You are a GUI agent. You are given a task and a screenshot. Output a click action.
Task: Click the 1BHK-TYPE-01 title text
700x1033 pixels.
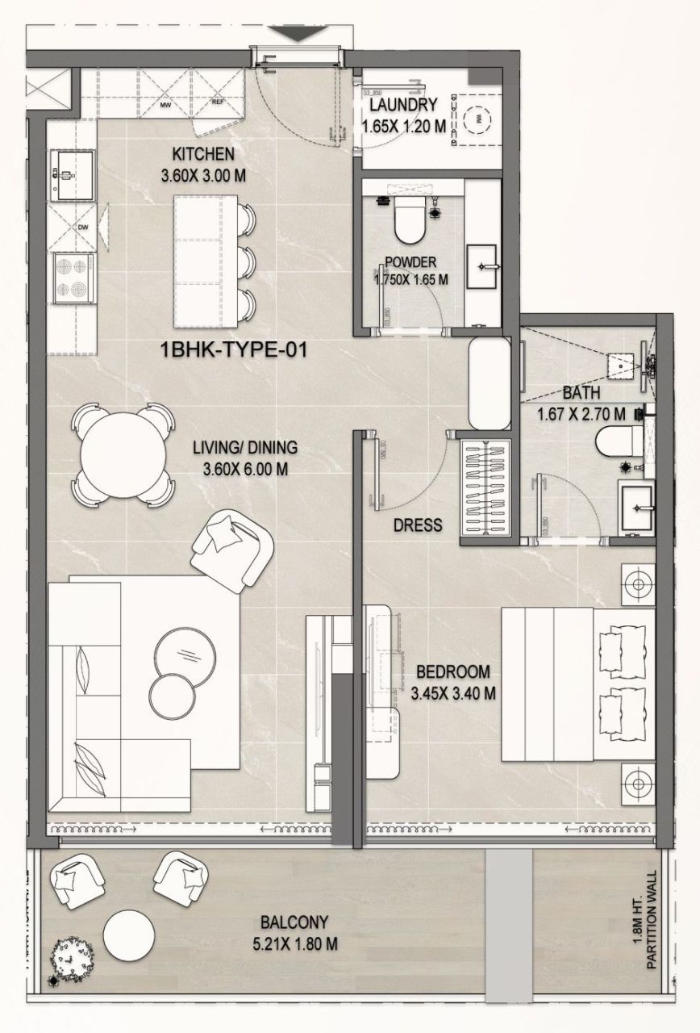(235, 350)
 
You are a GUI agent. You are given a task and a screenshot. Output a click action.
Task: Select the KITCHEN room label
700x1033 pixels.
(203, 153)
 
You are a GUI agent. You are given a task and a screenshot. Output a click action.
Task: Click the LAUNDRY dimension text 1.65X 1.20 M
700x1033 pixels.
(403, 126)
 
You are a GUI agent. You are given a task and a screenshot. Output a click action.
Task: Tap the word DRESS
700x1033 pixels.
(418, 525)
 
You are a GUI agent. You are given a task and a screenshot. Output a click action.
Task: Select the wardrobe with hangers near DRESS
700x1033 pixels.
(486, 487)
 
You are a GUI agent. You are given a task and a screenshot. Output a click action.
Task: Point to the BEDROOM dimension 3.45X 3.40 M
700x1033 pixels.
(452, 692)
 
